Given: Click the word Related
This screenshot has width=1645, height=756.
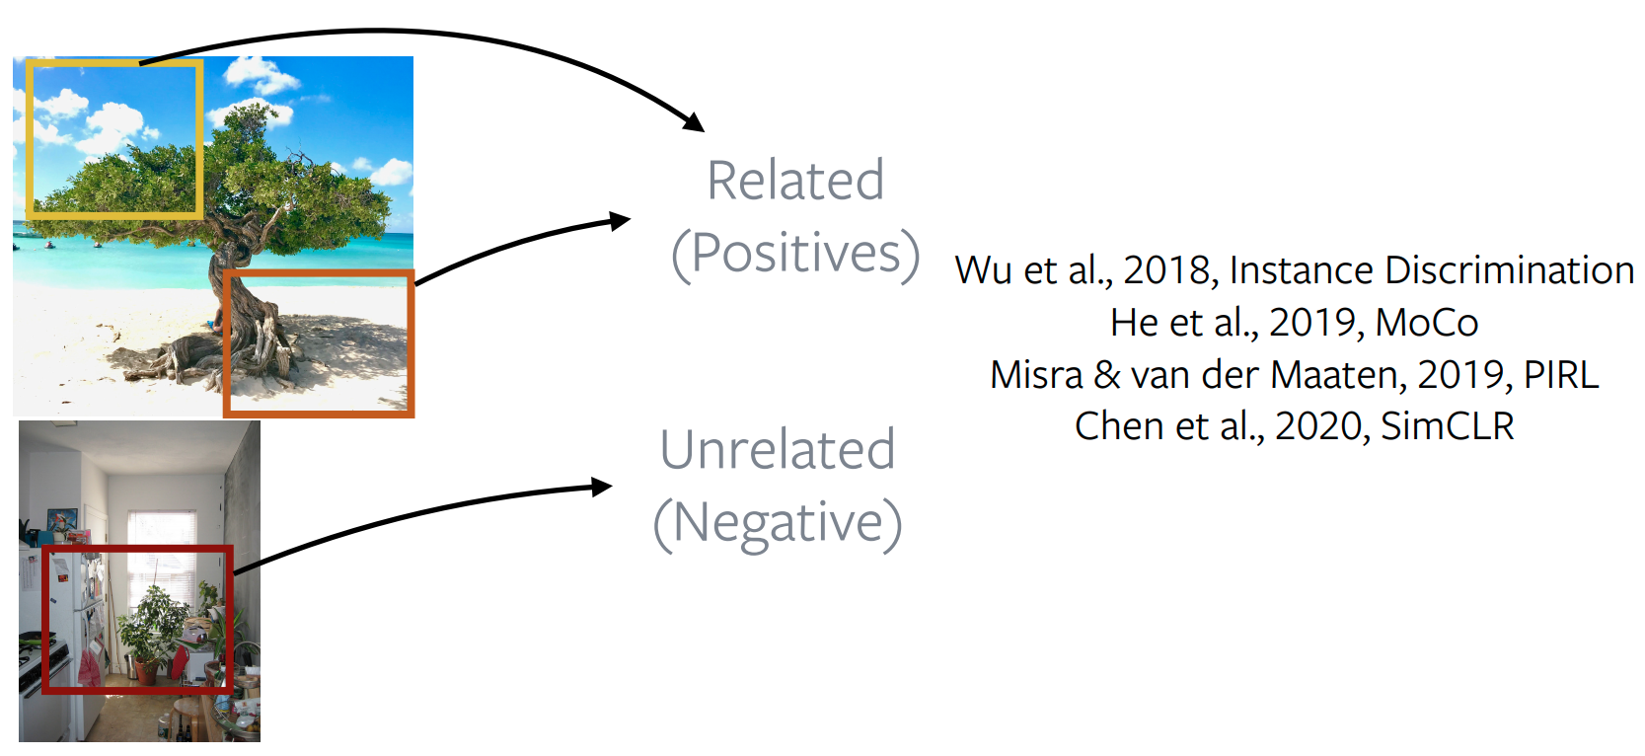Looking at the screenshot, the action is [x=795, y=180].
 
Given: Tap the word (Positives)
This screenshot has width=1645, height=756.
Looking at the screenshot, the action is [x=795, y=255].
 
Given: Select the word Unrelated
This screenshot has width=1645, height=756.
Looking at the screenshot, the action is [x=778, y=449].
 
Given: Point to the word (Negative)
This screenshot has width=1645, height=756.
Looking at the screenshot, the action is [x=778, y=524].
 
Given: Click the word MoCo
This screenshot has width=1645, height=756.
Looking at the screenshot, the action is [x=1426, y=322].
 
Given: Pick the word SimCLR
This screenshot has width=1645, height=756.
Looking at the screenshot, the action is [x=1447, y=425].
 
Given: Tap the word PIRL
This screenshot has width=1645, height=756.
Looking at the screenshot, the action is [x=1560, y=374].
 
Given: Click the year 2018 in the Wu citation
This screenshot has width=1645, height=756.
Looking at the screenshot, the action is [x=1166, y=269].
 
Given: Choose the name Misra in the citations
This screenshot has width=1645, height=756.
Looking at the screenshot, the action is [x=1036, y=374].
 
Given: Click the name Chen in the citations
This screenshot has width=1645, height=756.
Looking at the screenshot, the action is [x=1119, y=425].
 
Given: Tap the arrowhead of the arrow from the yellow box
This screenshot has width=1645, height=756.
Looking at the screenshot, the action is [x=694, y=122].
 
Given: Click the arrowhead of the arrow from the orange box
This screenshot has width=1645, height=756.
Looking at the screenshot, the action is [x=620, y=220].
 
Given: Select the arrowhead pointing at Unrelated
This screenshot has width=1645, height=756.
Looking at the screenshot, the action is [x=602, y=487].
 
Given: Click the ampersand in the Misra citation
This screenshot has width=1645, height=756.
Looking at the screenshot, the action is [x=1107, y=375].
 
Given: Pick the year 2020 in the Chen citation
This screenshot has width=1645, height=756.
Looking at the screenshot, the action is [x=1319, y=425].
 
